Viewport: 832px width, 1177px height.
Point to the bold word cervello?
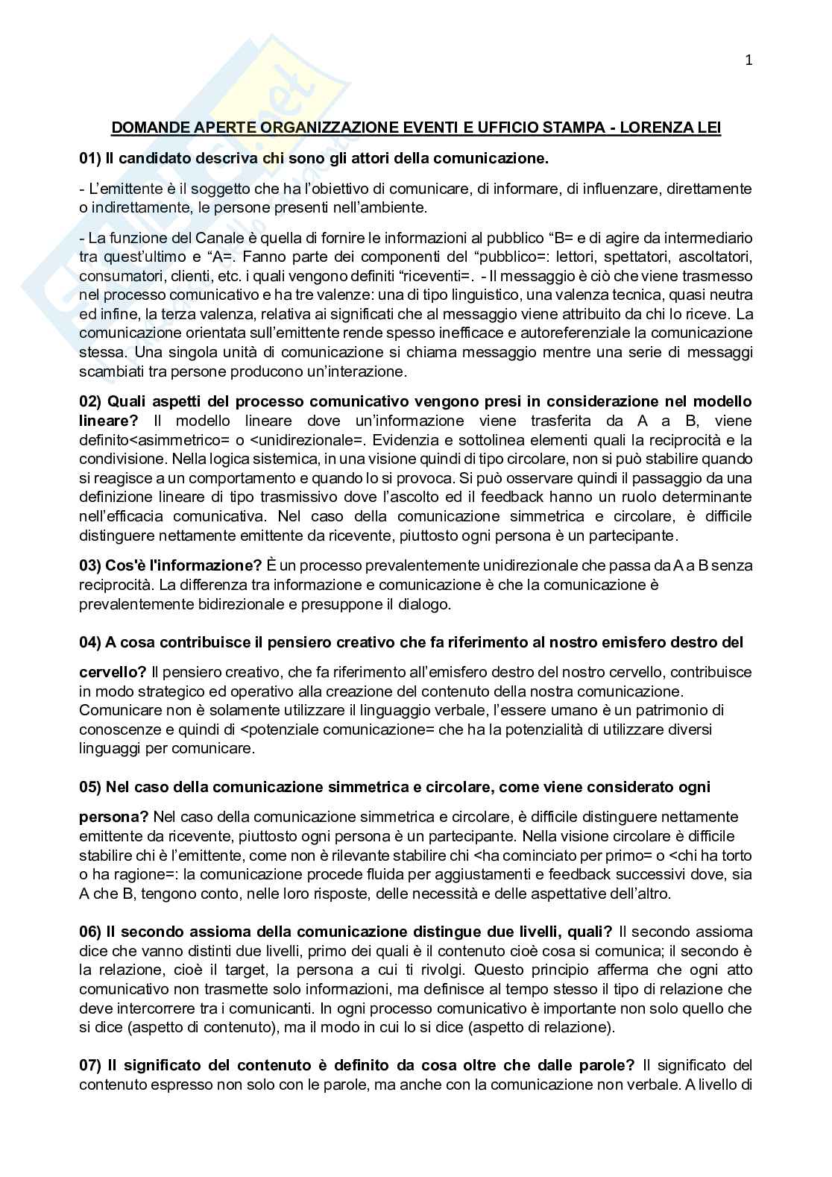click(x=113, y=672)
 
